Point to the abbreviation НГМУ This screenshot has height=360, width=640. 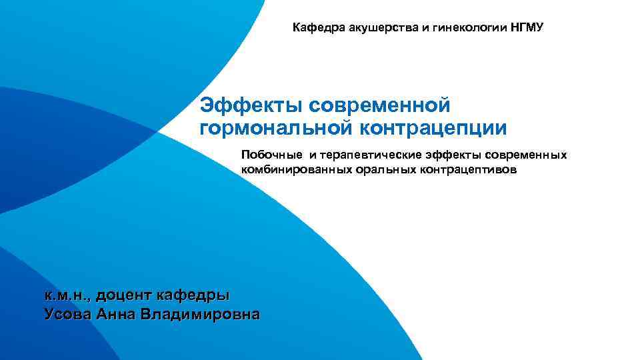point(527,28)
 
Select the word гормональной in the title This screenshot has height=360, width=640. point(277,127)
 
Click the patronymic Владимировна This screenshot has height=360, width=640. point(200,313)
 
